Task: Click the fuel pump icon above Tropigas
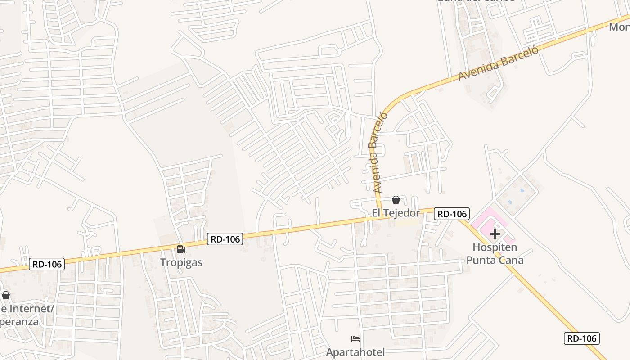181,249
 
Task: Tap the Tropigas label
181,262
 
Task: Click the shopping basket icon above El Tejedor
396,200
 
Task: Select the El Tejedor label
396,213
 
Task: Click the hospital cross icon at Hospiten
495,234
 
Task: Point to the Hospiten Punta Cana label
495,254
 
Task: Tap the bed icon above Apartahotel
355,339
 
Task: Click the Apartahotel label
355,352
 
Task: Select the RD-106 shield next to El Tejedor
452,214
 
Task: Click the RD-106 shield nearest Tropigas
225,239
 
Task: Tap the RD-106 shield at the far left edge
47,264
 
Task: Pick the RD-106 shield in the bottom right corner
581,338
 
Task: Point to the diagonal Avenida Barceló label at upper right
499,63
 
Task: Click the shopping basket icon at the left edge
6,295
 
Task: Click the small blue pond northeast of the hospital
522,190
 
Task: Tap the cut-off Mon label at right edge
619,27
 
